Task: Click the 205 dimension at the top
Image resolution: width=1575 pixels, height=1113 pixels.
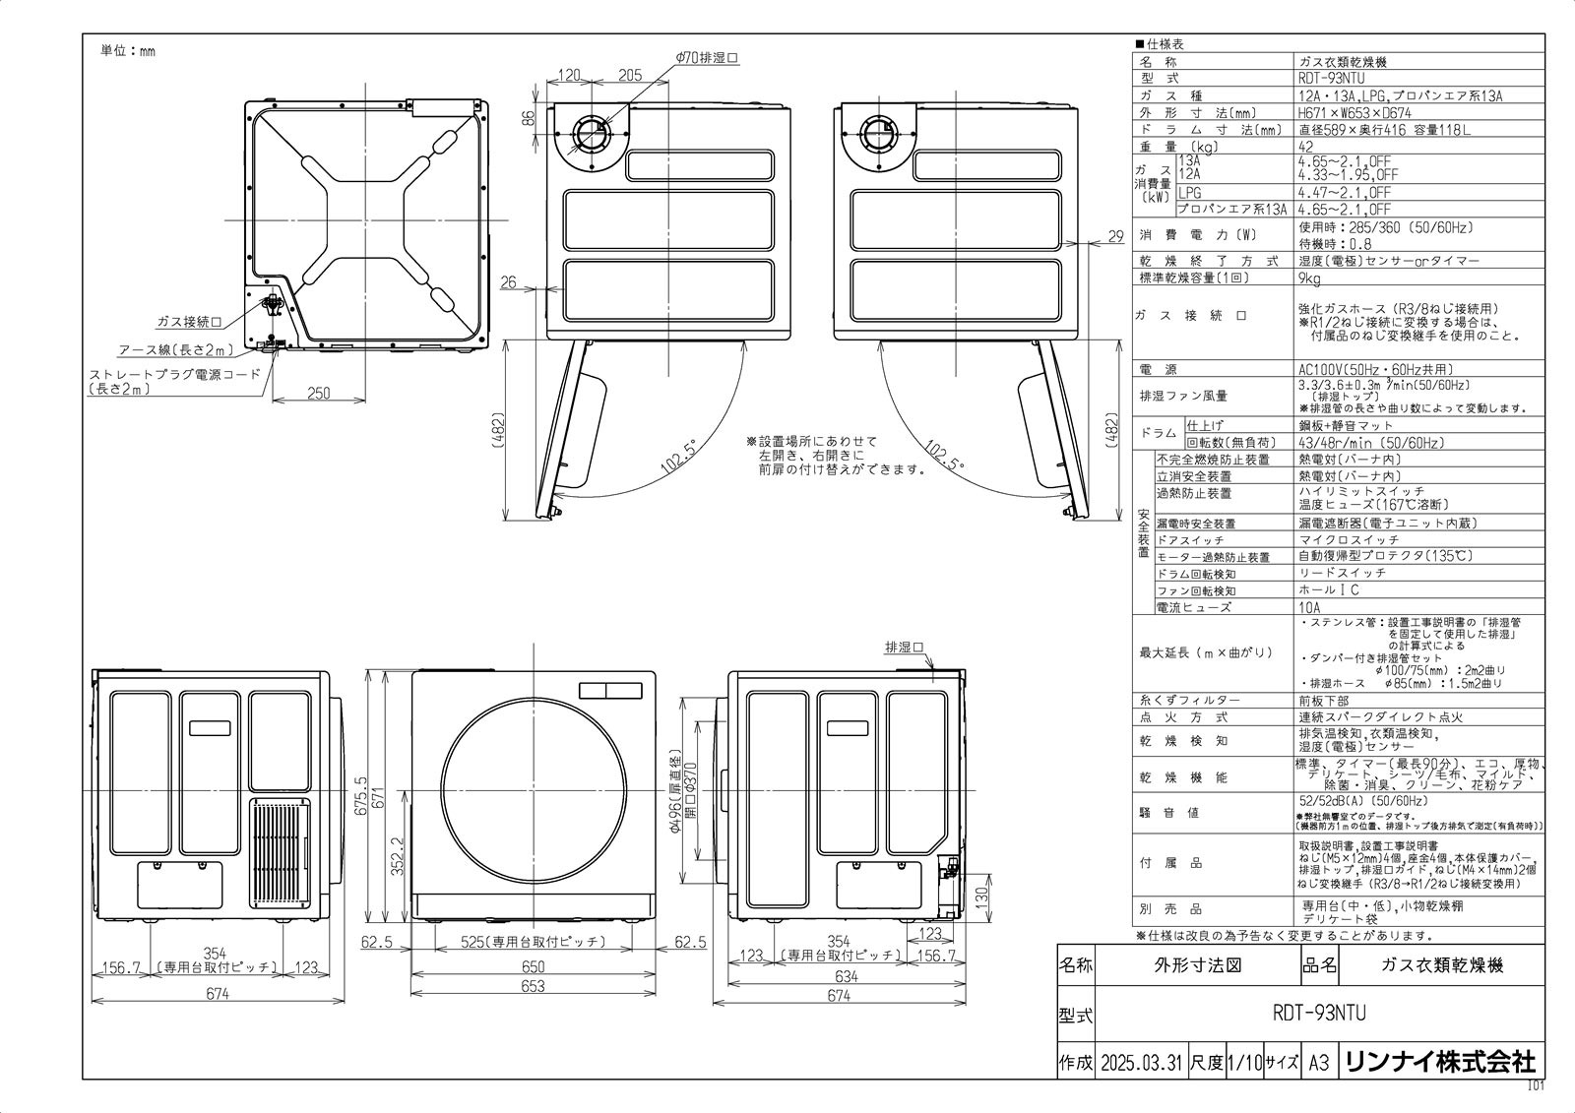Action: point(630,76)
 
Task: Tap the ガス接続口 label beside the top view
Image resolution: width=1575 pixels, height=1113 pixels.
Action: point(188,322)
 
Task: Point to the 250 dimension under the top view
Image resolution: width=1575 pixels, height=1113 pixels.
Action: point(318,394)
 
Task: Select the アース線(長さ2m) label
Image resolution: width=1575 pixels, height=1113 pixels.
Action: point(175,350)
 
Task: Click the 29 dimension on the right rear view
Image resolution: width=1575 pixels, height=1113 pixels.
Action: point(1114,236)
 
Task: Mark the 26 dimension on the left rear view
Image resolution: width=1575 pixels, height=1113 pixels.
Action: point(508,282)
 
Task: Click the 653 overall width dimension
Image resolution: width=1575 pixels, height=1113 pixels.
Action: point(532,986)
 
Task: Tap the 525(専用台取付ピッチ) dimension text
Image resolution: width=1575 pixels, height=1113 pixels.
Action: point(533,942)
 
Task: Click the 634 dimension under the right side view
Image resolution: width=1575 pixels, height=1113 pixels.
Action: point(847,976)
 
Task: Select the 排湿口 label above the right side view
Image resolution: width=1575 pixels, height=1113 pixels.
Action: point(904,648)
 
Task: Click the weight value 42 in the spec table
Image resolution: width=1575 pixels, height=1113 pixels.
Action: point(1306,146)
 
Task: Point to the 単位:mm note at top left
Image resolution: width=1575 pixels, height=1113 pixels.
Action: point(128,51)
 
